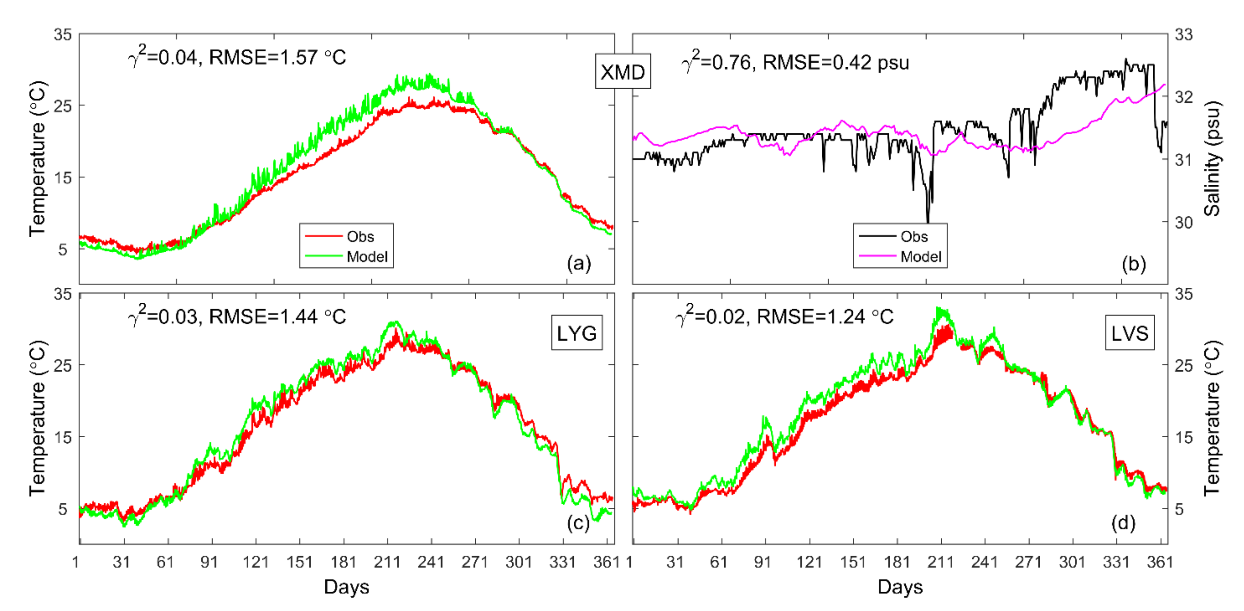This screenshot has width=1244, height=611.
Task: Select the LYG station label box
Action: (x=576, y=333)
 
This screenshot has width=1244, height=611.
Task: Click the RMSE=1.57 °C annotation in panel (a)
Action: (x=277, y=57)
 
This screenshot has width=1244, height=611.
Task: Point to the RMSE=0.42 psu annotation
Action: (x=836, y=63)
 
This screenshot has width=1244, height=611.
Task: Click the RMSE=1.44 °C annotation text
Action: (x=277, y=317)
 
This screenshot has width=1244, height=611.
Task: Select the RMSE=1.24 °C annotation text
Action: (x=825, y=317)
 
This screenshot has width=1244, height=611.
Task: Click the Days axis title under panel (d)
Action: (x=900, y=586)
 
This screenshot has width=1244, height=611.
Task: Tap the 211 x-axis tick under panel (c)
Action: (x=387, y=562)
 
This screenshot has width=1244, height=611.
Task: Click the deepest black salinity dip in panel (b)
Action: (x=928, y=220)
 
